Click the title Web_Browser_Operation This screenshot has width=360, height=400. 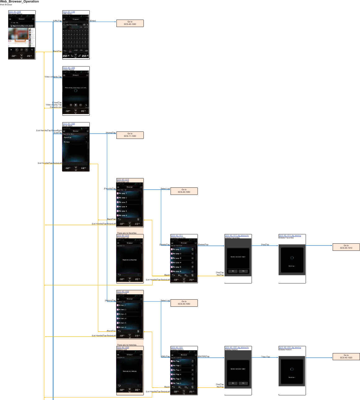pos(20,2)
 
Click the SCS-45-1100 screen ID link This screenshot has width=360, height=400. pos(69,12)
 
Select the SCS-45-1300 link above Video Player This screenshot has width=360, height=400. pos(69,68)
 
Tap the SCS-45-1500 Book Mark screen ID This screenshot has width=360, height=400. pos(69,124)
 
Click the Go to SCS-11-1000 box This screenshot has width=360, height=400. pos(130,135)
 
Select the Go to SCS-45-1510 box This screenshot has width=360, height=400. pos(346,247)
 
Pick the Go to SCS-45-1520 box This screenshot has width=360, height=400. pos(346,356)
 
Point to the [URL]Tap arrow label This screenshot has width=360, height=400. pos(57,21)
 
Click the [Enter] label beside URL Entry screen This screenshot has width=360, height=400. pos(93,21)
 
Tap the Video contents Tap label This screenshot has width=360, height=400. pos(53,77)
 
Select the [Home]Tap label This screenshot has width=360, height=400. pos(111,133)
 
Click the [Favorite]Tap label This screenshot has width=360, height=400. pos(110,189)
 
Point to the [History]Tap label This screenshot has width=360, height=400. pos(110,301)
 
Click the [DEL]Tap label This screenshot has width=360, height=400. pos(166,356)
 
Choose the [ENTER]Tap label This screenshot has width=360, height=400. pos(204,356)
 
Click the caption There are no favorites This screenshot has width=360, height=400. pos(126,233)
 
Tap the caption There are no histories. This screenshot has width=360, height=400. pos(127,345)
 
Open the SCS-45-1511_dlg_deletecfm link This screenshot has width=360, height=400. pos(237,236)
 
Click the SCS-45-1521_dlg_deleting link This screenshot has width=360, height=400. pos(290,347)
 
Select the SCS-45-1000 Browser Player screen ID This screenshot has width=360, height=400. pos(15,12)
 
